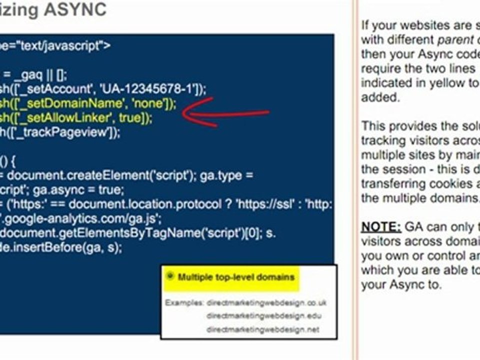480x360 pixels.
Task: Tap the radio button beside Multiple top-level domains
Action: tap(170, 275)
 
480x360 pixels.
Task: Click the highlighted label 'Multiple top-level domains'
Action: tap(236, 276)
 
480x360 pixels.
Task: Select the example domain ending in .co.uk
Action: tap(266, 302)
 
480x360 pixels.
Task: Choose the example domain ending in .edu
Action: tap(264, 315)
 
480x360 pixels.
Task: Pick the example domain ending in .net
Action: tap(263, 329)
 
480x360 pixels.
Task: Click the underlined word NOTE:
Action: tap(381, 227)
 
